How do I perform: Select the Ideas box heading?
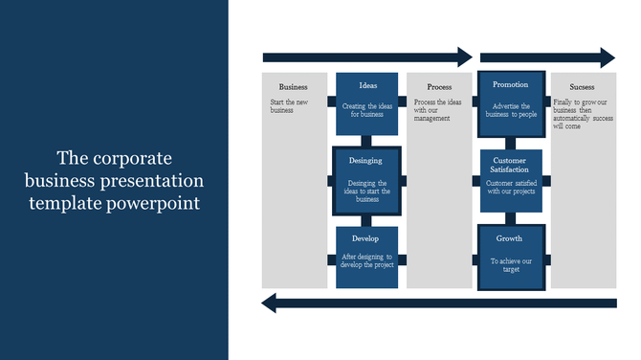click(x=368, y=85)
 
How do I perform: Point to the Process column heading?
click(x=439, y=86)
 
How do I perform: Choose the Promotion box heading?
click(x=510, y=85)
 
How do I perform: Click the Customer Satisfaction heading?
click(x=511, y=165)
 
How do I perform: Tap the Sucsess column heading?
click(x=582, y=86)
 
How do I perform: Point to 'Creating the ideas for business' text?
click(x=367, y=110)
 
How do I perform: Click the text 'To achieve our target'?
click(x=511, y=264)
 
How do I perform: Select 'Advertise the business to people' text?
click(x=511, y=110)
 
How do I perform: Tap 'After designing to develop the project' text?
click(x=368, y=260)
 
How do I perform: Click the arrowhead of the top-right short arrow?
click(x=608, y=57)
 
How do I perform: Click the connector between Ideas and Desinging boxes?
click(x=367, y=141)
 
